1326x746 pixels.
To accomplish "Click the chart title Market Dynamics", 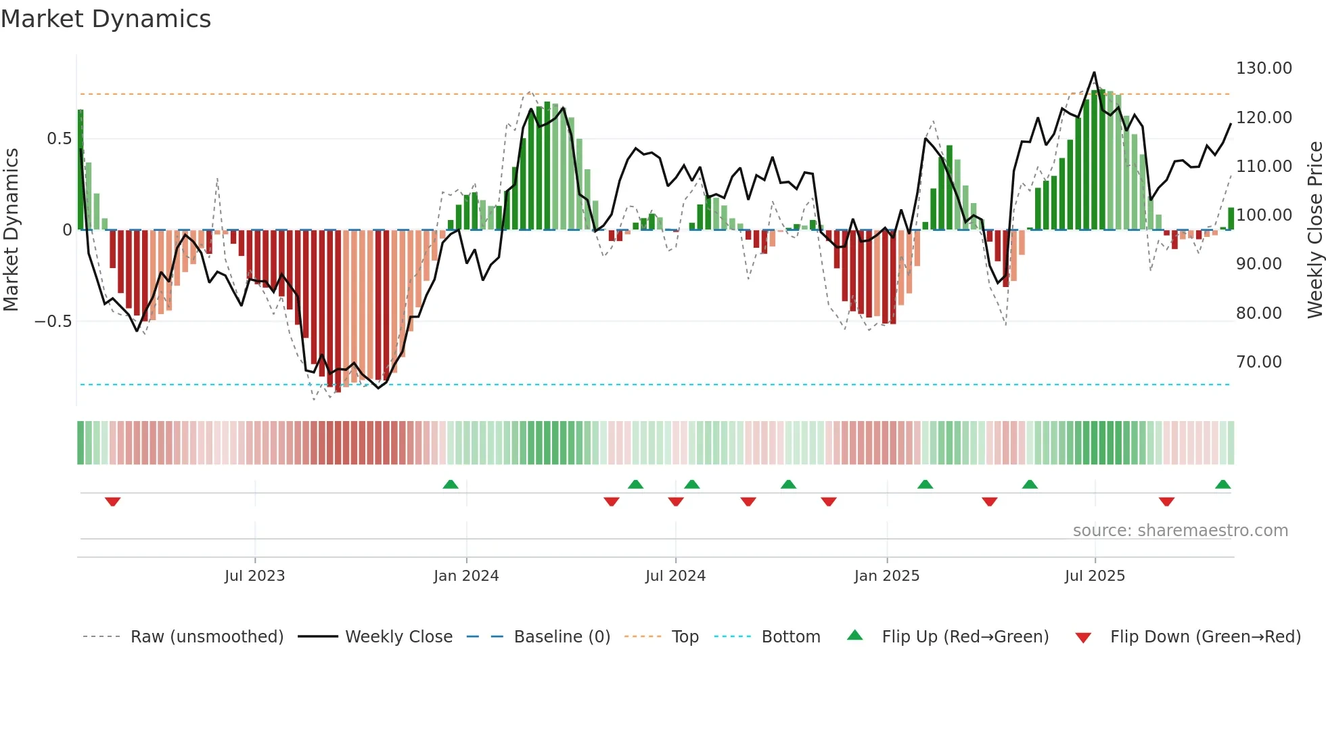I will [106, 19].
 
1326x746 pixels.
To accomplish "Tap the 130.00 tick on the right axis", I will [1264, 68].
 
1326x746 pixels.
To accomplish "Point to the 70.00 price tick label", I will [1259, 362].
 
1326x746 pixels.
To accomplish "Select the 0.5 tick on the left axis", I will [59, 139].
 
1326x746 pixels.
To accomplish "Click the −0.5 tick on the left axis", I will [53, 322].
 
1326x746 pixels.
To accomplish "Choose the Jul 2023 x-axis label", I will [254, 576].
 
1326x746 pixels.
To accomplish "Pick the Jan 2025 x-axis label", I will [886, 576].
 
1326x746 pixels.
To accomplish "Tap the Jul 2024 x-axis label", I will [675, 576].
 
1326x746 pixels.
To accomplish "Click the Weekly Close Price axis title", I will [1314, 230].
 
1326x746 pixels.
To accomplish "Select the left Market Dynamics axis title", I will [11, 230].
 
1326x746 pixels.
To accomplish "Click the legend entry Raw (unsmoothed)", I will [206, 637].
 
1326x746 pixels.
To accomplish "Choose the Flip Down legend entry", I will [1205, 637].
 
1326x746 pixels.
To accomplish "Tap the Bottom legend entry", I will [790, 637].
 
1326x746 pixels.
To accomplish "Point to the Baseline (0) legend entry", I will [562, 637].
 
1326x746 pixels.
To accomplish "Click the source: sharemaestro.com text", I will [1180, 531].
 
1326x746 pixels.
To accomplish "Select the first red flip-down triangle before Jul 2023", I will [113, 502].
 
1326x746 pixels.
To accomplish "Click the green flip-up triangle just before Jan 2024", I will [451, 484].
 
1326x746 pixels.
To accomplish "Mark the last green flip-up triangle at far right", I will [1222, 484].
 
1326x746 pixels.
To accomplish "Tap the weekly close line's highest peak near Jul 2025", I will [1094, 72].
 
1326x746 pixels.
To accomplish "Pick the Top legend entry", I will [685, 637].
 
